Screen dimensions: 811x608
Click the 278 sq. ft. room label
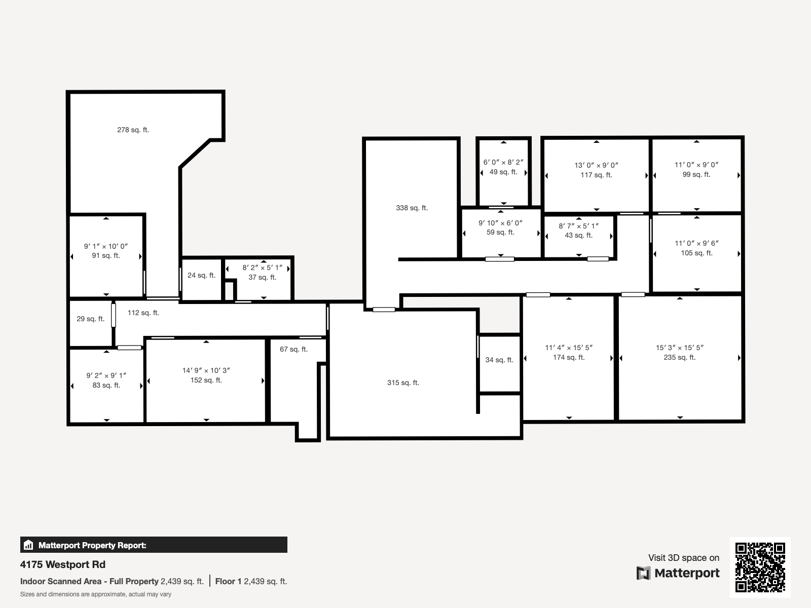[133, 130]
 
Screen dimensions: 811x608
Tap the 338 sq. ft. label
[412, 208]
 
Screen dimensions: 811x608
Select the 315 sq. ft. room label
[403, 383]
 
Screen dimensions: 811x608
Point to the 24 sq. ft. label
[201, 275]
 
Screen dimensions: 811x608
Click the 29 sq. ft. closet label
[91, 319]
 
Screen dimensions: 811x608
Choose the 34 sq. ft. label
[499, 360]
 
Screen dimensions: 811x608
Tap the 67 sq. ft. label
[293, 349]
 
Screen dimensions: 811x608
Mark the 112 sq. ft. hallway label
[143, 313]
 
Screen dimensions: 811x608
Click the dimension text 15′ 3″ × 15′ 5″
[680, 348]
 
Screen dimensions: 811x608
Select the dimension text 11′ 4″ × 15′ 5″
[569, 348]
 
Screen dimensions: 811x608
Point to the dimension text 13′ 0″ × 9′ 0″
[596, 165]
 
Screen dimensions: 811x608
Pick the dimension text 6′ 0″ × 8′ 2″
[503, 162]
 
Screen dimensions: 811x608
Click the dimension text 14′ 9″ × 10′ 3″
[206, 370]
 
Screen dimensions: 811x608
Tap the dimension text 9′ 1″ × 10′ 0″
[105, 246]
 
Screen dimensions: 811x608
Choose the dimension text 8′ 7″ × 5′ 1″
[579, 226]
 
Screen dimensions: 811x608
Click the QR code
[760, 567]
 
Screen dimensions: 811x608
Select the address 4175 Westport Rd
[63, 564]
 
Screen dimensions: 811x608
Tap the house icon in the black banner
[28, 545]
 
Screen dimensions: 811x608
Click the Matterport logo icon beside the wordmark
[643, 573]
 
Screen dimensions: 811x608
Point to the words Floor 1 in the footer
[228, 582]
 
